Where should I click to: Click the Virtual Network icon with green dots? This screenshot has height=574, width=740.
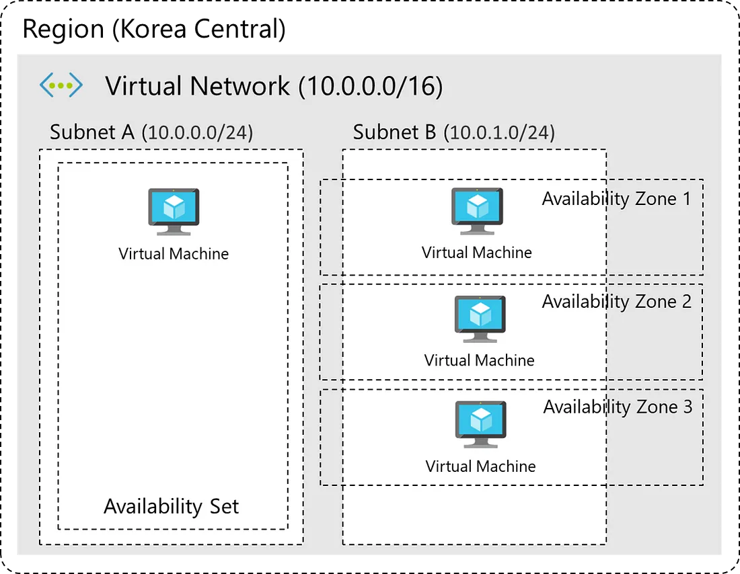61,85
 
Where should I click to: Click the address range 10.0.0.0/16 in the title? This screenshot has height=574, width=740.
370,86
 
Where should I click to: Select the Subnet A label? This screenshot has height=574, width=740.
92,132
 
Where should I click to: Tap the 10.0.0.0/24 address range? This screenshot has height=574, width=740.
197,132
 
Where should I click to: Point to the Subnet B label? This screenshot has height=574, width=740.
395,132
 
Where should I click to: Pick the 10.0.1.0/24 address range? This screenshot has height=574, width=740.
499,132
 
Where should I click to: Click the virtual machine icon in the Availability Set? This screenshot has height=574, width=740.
174,211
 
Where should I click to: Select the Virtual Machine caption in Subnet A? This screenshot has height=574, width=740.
174,254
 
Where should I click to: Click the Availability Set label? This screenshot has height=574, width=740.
171,506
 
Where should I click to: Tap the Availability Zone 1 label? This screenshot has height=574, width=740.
616,199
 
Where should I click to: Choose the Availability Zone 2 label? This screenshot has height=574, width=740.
616,302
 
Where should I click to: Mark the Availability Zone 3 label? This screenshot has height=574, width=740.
618,407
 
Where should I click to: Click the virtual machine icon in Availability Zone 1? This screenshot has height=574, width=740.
477,210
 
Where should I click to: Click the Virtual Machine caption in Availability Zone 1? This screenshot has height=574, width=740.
477,253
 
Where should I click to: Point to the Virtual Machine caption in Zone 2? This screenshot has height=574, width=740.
480,360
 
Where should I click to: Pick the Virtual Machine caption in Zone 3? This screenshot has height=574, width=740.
481,466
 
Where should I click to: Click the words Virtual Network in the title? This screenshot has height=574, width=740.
198,86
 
